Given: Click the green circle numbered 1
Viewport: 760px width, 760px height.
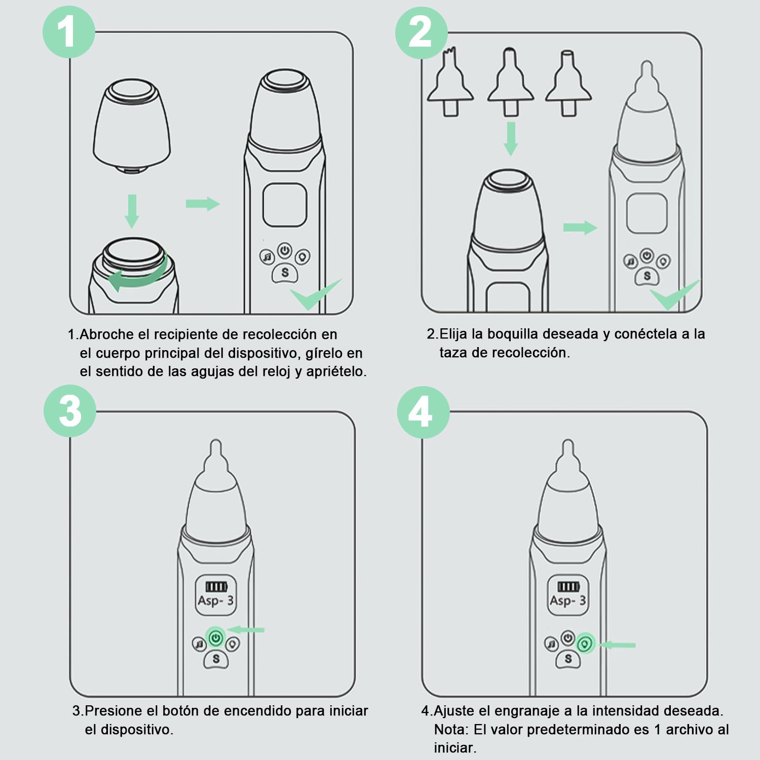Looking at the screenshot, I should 68,32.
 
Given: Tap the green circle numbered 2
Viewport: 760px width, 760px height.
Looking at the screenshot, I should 421,32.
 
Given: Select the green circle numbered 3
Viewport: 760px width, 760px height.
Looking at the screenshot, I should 70,411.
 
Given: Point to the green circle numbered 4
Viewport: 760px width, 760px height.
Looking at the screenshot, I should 423,412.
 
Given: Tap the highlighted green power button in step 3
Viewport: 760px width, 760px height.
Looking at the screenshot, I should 216,637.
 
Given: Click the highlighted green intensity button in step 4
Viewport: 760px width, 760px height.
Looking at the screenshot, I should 586,644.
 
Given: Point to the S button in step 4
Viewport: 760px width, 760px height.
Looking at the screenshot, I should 568,659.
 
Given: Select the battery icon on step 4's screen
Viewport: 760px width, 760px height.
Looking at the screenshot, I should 568,587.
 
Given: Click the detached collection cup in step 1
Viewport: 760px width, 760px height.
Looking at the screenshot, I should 132,127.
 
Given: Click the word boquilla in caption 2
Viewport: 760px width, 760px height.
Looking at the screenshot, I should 512,334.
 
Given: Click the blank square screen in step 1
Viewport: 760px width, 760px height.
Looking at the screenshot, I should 285,206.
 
